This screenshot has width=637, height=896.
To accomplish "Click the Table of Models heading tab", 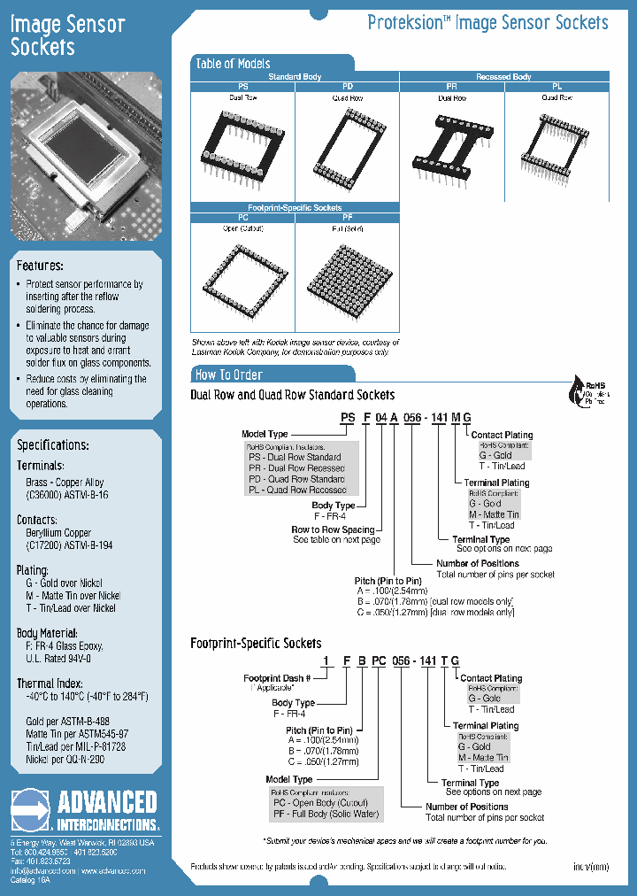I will point(234,64).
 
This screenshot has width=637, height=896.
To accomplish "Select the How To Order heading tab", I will point(229,375).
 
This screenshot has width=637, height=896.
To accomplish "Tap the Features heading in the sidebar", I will point(40,266).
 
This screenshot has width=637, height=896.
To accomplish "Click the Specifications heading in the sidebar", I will point(53,445).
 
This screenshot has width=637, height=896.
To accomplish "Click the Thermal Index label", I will point(50,684).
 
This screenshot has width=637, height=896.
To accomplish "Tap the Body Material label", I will point(51,633).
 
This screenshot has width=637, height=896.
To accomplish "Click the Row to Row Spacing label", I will point(334,529).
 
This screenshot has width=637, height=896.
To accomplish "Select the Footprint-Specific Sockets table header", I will point(295,207).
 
